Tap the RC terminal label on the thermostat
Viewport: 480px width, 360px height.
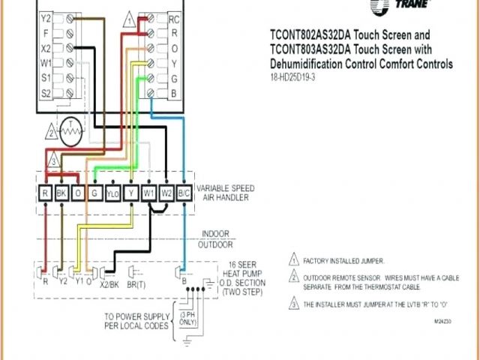point(174,17)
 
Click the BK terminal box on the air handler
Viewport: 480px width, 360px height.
point(62,193)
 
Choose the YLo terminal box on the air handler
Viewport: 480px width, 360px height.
point(112,193)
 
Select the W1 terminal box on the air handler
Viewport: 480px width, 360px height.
point(148,193)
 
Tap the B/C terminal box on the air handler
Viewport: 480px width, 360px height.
point(184,193)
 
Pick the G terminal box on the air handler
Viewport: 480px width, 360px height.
point(94,193)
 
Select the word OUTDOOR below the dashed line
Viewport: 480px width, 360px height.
point(215,244)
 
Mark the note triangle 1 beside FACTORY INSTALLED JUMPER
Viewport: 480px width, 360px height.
point(294,261)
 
